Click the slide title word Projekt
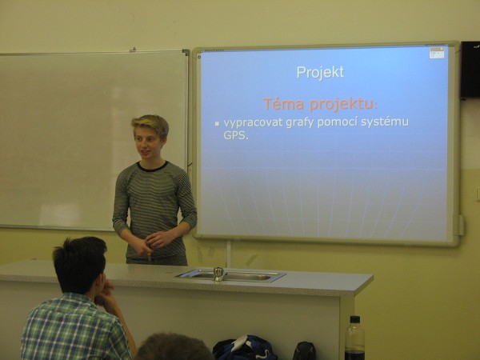(x=320, y=73)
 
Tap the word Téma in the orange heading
(x=284, y=104)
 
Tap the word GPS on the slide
(x=234, y=135)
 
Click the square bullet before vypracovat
(x=217, y=124)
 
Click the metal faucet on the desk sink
(x=218, y=274)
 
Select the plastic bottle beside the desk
(x=354, y=338)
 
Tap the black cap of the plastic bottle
(x=354, y=319)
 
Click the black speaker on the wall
(x=470, y=70)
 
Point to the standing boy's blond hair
(x=151, y=124)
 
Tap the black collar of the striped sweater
(x=153, y=167)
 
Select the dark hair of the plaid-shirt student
(x=79, y=263)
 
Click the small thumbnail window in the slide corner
(x=436, y=53)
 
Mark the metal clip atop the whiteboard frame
(x=133, y=50)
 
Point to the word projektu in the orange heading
(x=342, y=104)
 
